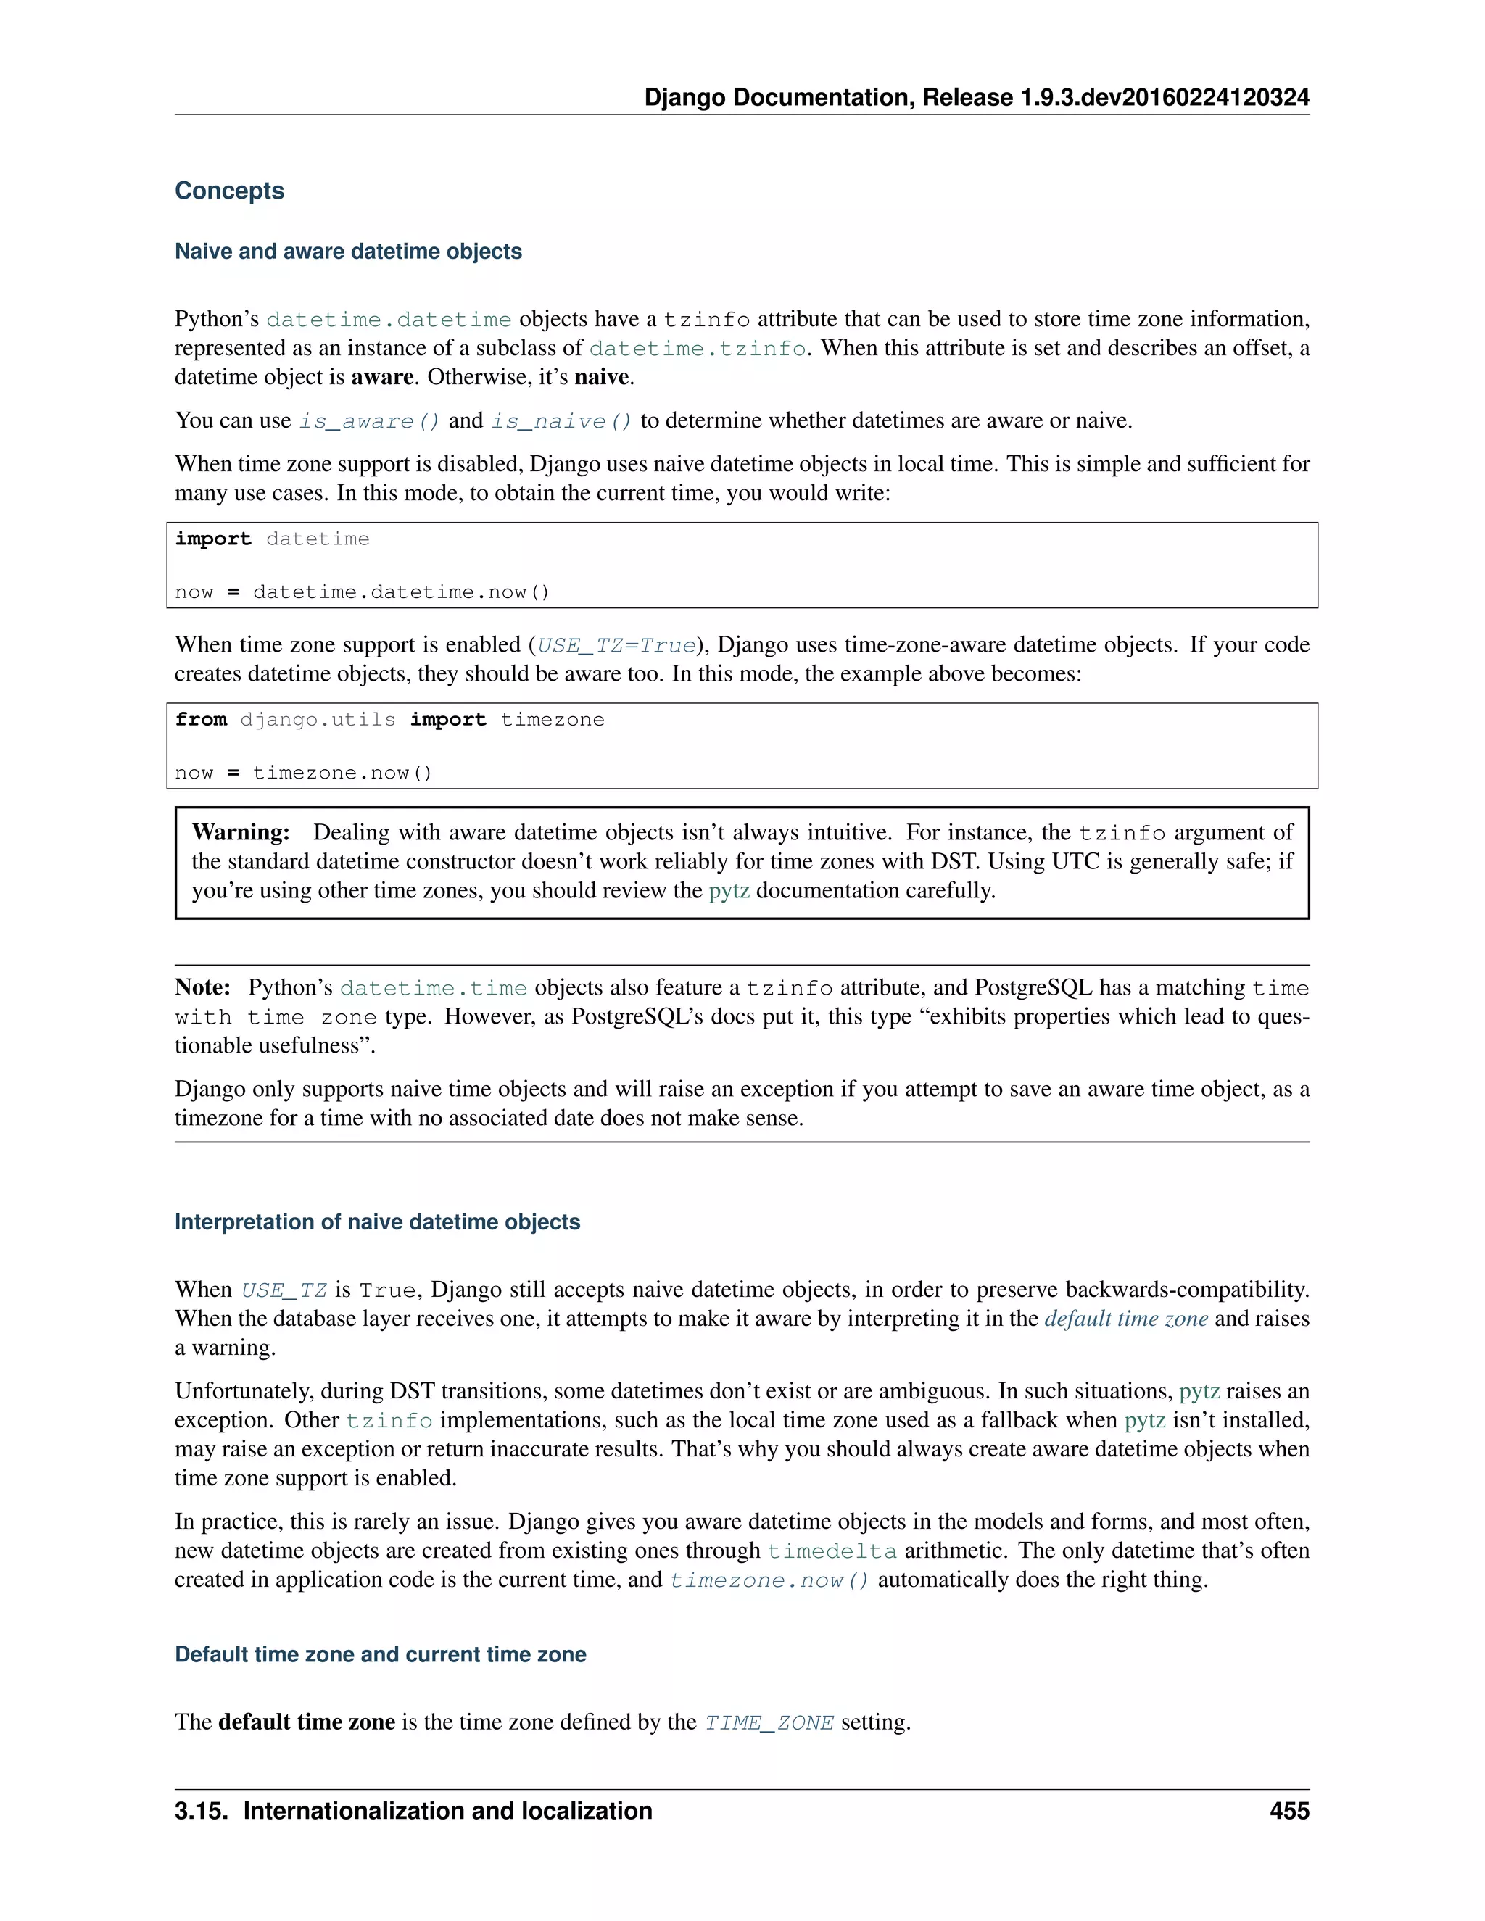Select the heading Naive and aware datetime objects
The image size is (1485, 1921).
point(347,252)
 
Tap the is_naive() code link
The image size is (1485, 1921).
point(561,421)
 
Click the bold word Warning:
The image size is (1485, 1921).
point(240,832)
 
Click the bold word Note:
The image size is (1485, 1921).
point(202,987)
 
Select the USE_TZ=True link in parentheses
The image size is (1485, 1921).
point(616,646)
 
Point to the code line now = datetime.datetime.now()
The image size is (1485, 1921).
point(362,592)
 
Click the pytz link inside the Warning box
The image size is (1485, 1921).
point(729,890)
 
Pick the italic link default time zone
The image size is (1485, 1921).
point(1125,1318)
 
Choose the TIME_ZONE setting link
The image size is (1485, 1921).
point(768,1722)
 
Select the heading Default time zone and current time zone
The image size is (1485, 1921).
point(380,1654)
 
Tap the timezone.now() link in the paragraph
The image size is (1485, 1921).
point(769,1580)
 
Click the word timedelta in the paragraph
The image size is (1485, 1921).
point(832,1551)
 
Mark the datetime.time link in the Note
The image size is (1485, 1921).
point(433,988)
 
